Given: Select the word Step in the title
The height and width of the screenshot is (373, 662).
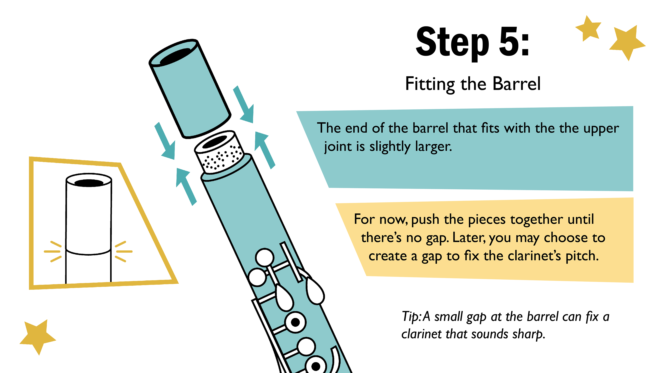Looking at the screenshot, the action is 452,43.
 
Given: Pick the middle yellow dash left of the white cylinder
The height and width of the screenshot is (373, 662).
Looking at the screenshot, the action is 52,251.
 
